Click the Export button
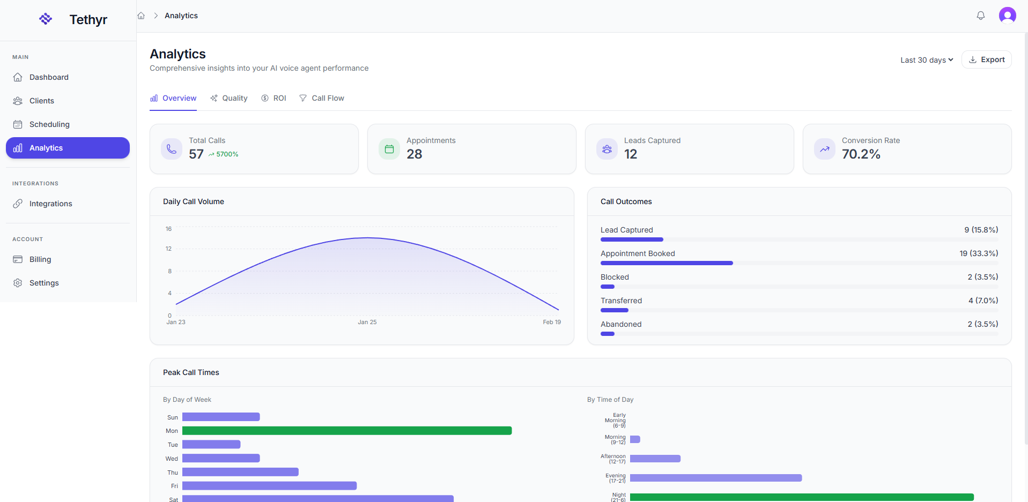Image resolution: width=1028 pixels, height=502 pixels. tap(986, 59)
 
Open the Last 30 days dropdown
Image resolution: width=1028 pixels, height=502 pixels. tap(926, 60)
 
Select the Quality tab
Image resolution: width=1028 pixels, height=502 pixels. tap(229, 98)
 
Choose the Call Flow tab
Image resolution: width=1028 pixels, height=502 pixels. tap(322, 98)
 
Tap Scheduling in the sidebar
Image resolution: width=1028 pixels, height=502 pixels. tap(49, 124)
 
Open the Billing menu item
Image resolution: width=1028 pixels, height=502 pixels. tap(40, 259)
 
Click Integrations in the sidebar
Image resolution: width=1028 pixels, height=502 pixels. tap(50, 204)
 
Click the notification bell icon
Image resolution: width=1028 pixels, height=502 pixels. tap(980, 16)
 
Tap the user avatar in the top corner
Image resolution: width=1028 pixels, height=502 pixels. tap(1007, 16)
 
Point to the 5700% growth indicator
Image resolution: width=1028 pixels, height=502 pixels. tap(224, 154)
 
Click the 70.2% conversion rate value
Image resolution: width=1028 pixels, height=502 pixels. tap(861, 154)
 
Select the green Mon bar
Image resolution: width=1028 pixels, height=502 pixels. tap(347, 431)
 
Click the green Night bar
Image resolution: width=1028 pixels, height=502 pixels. tap(801, 497)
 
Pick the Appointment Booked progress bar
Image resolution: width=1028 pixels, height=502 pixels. tap(667, 263)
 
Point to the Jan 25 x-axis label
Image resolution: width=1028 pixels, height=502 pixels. tap(367, 322)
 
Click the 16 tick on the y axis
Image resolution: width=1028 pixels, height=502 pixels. tap(168, 229)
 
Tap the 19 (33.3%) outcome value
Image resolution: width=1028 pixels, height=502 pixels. tap(978, 253)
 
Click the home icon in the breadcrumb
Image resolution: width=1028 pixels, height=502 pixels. tap(141, 16)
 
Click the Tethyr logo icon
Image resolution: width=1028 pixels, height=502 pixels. tap(46, 19)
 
